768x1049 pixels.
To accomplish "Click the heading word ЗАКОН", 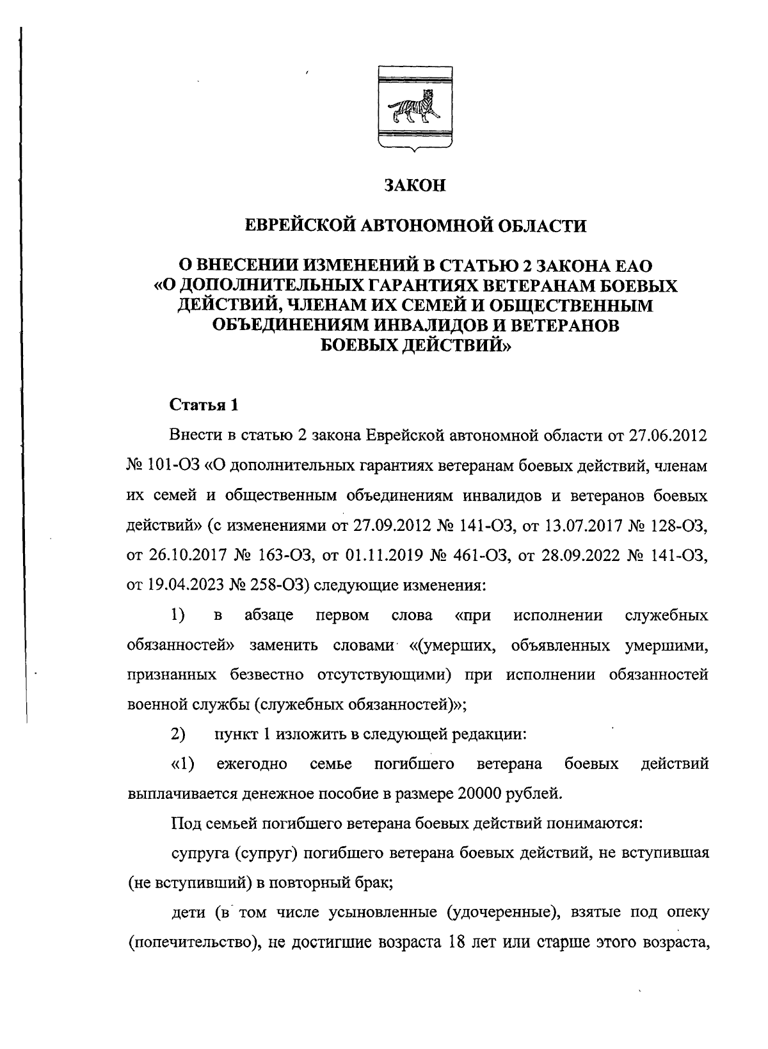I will click(415, 186).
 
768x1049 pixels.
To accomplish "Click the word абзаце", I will click(269, 616).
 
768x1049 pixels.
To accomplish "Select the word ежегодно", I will click(251, 764).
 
